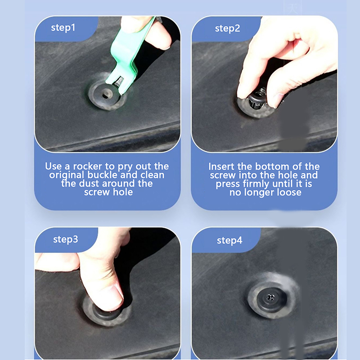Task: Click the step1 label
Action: pyautogui.click(x=63, y=28)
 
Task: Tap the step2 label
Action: pyautogui.click(x=227, y=29)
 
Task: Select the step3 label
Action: pyautogui.click(x=65, y=239)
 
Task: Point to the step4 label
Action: pyautogui.click(x=229, y=241)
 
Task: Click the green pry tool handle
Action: pyautogui.click(x=129, y=48)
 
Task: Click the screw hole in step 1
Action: pyautogui.click(x=106, y=95)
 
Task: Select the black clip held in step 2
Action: pyautogui.click(x=256, y=100)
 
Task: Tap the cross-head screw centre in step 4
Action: pyautogui.click(x=270, y=298)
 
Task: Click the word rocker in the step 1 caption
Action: pyautogui.click(x=87, y=166)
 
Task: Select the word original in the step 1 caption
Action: pyautogui.click(x=67, y=175)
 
